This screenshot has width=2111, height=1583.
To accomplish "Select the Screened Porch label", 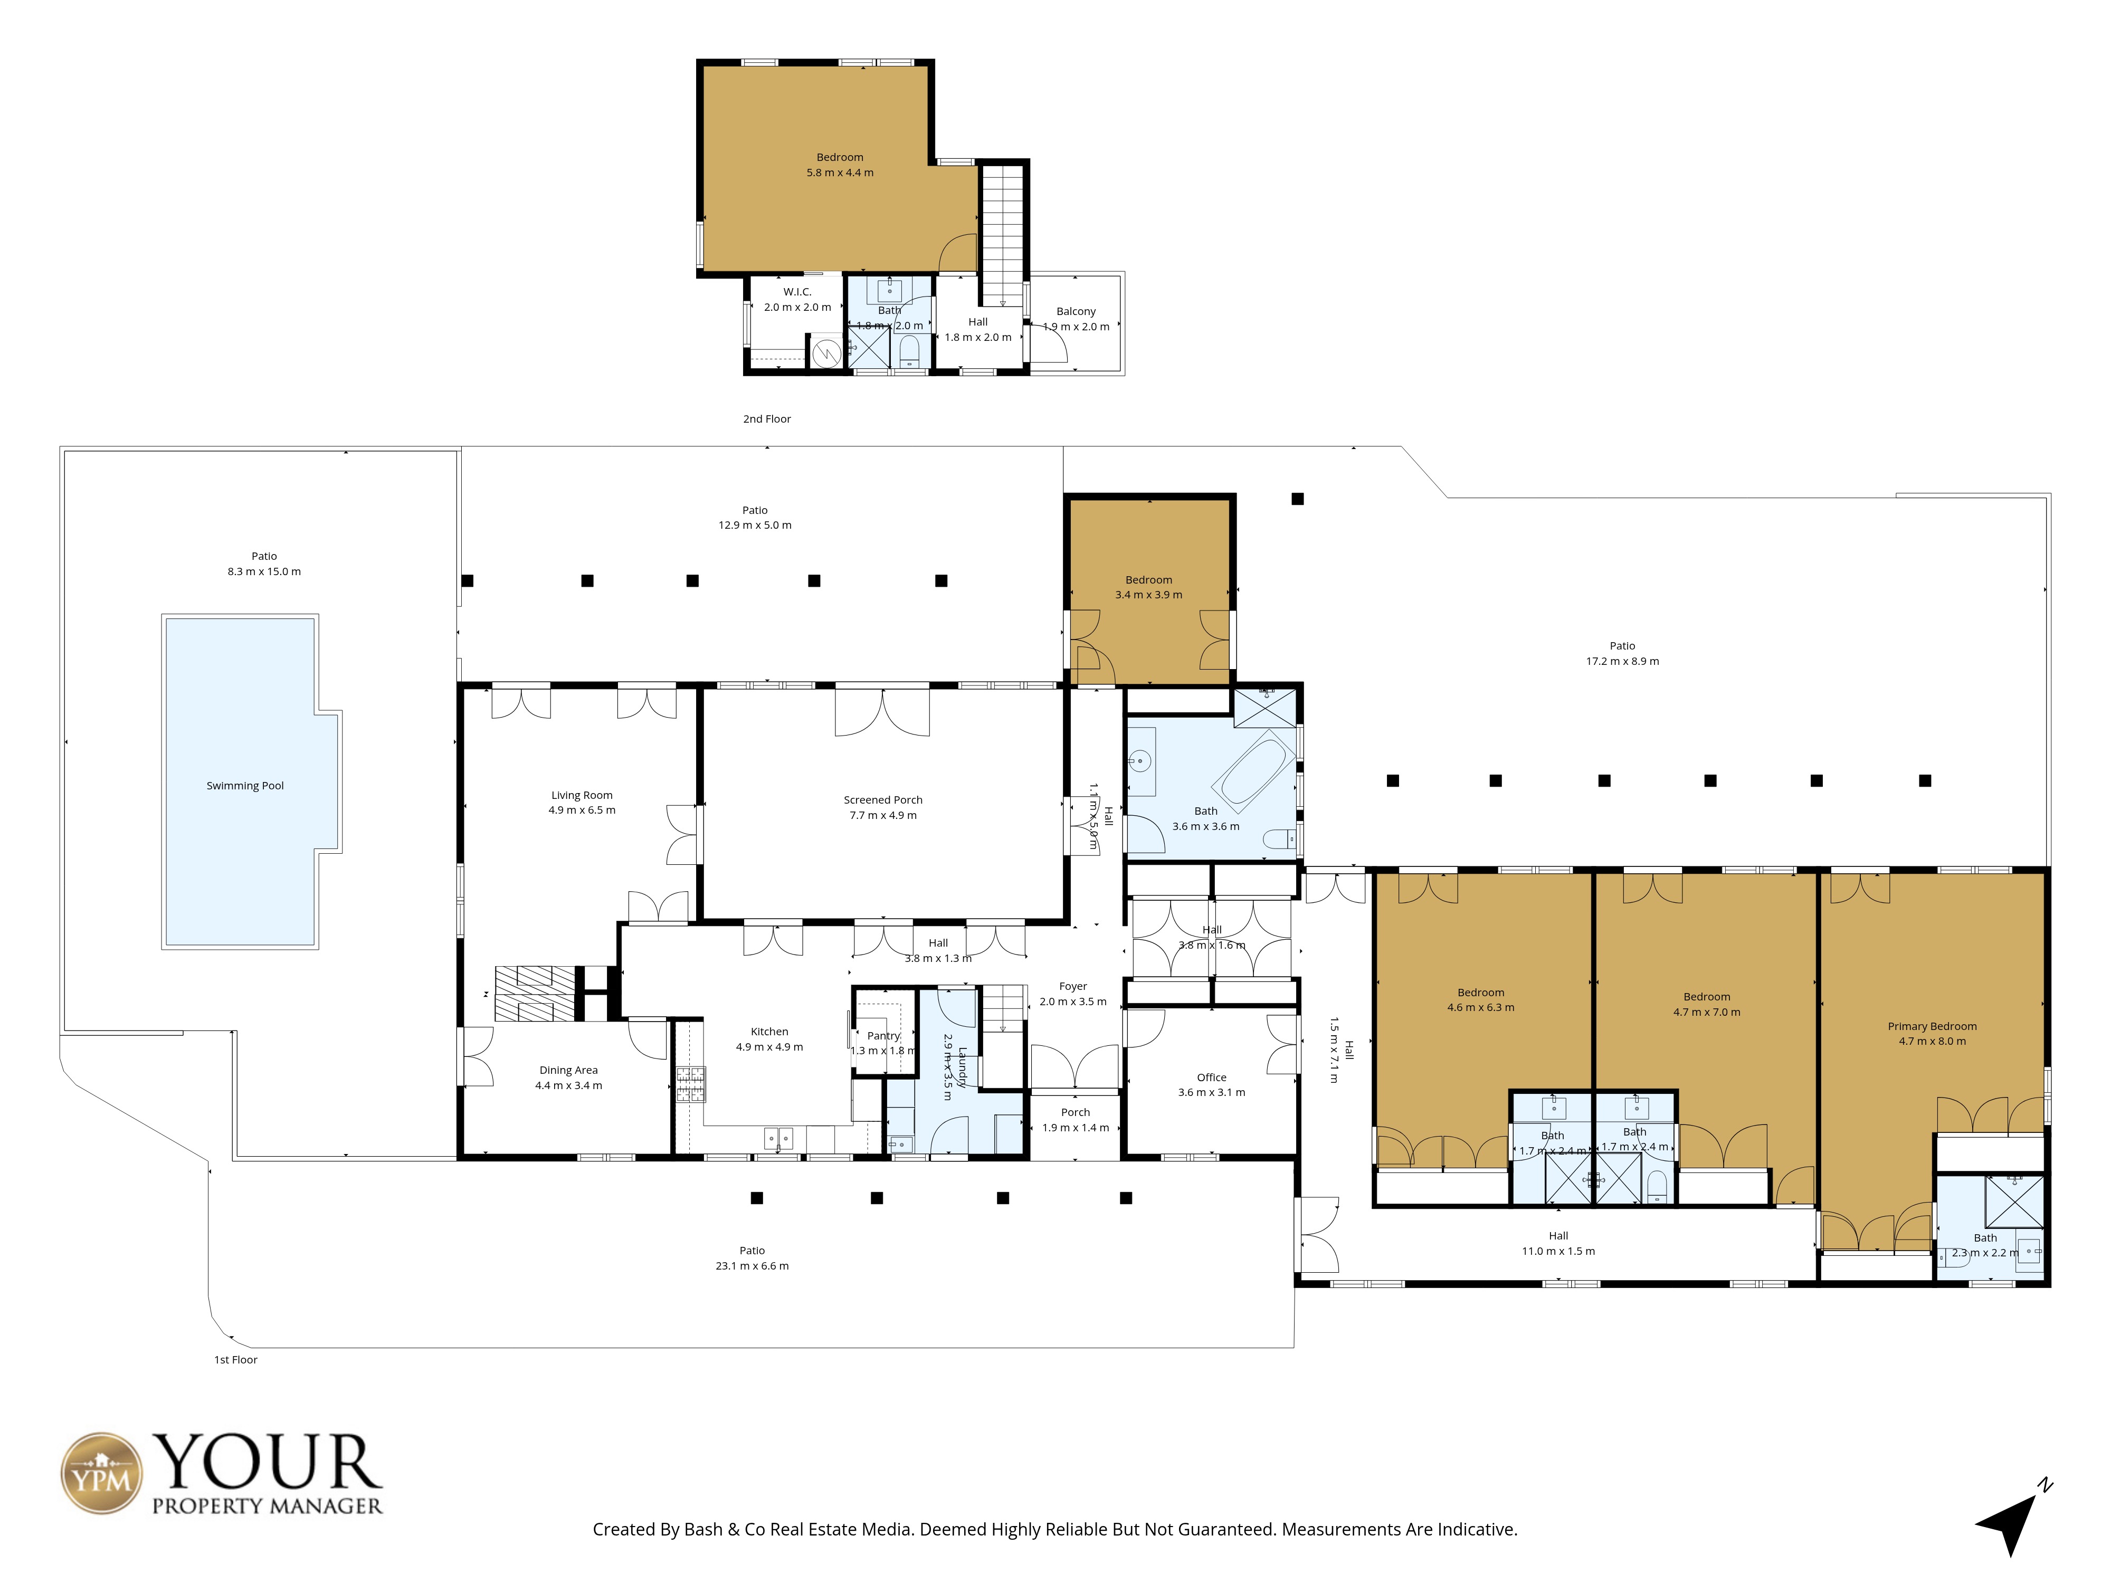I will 883,799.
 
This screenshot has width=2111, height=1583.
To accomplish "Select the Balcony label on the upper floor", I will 1076,311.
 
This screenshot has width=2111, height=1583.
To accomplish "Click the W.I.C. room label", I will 797,292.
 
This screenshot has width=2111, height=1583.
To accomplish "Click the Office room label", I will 1211,1077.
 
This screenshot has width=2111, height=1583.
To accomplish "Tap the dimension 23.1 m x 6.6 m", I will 752,1266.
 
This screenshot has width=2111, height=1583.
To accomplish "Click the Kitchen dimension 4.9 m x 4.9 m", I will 769,1047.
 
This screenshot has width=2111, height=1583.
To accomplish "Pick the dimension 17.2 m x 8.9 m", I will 1622,661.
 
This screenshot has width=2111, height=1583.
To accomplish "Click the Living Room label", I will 581,795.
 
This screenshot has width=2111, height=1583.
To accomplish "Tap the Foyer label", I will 1073,987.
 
